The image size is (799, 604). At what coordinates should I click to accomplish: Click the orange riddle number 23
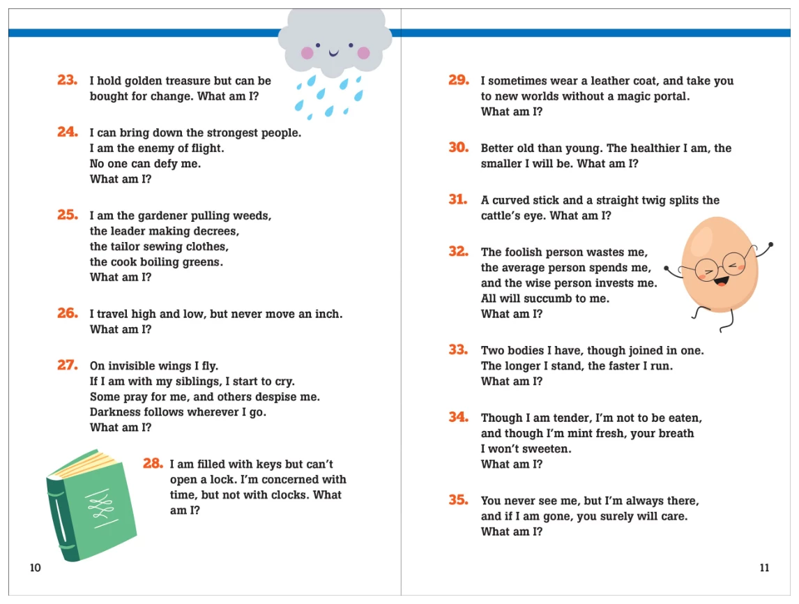pyautogui.click(x=67, y=80)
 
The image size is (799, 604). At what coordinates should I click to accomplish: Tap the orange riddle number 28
pyautogui.click(x=153, y=463)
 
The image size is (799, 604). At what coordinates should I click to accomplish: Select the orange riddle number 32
pyautogui.click(x=458, y=252)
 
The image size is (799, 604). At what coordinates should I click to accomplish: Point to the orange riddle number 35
pyautogui.click(x=458, y=500)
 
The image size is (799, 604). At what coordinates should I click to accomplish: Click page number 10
pyautogui.click(x=36, y=568)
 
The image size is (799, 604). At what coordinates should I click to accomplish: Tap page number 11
pyautogui.click(x=764, y=568)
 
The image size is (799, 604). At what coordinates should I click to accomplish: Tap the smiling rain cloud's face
pyautogui.click(x=335, y=50)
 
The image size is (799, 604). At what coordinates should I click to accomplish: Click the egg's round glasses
pyautogui.click(x=718, y=264)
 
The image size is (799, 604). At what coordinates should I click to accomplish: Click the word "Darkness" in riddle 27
pyautogui.click(x=114, y=412)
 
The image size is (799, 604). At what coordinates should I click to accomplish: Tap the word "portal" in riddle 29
pyautogui.click(x=669, y=96)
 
